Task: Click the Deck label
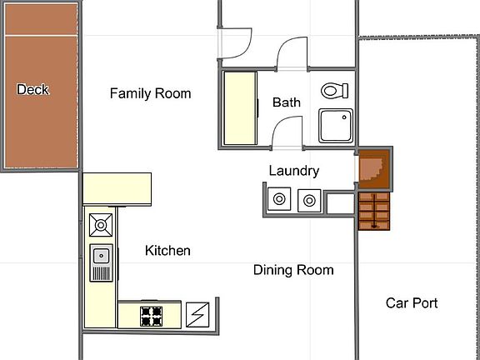coord(32,89)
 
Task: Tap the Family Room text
coord(150,93)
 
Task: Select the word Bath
coord(287,102)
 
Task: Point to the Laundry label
coord(293,171)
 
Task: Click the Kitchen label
coord(167,250)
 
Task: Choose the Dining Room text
coord(293,270)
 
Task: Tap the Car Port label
coord(412,303)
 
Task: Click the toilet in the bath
coord(334,89)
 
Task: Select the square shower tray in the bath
coord(336,127)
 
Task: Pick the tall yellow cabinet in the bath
coord(239,107)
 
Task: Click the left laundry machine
coord(278,200)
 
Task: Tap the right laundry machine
coord(308,200)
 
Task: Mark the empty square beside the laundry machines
coord(339,202)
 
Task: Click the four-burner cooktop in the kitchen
coord(152,315)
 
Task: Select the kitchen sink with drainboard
coord(101,262)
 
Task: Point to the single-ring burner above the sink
coord(101,224)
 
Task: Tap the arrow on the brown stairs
coord(374,212)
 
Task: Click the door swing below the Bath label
coord(289,132)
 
